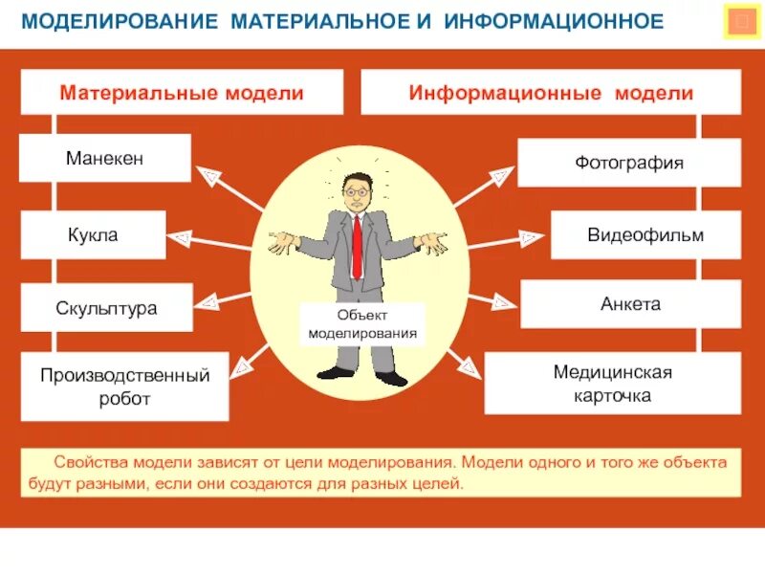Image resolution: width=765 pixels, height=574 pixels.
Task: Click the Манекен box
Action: click(105, 158)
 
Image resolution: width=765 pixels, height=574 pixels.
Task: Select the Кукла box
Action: click(93, 234)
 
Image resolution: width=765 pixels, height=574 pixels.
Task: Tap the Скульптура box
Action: click(106, 308)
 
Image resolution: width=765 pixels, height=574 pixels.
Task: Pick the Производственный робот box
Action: click(124, 386)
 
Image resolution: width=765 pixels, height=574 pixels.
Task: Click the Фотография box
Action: click(629, 163)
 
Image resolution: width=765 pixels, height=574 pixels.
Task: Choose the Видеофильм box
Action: click(645, 235)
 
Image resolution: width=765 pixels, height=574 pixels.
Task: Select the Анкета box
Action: click(630, 304)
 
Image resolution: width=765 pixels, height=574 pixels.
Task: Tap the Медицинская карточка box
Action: click(613, 384)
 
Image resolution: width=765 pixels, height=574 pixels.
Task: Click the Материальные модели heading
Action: click(182, 94)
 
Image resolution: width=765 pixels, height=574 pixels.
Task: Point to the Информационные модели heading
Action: click(551, 94)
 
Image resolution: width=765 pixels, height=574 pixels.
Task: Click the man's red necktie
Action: click(357, 244)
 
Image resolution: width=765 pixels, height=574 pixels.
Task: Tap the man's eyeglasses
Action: click(356, 191)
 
